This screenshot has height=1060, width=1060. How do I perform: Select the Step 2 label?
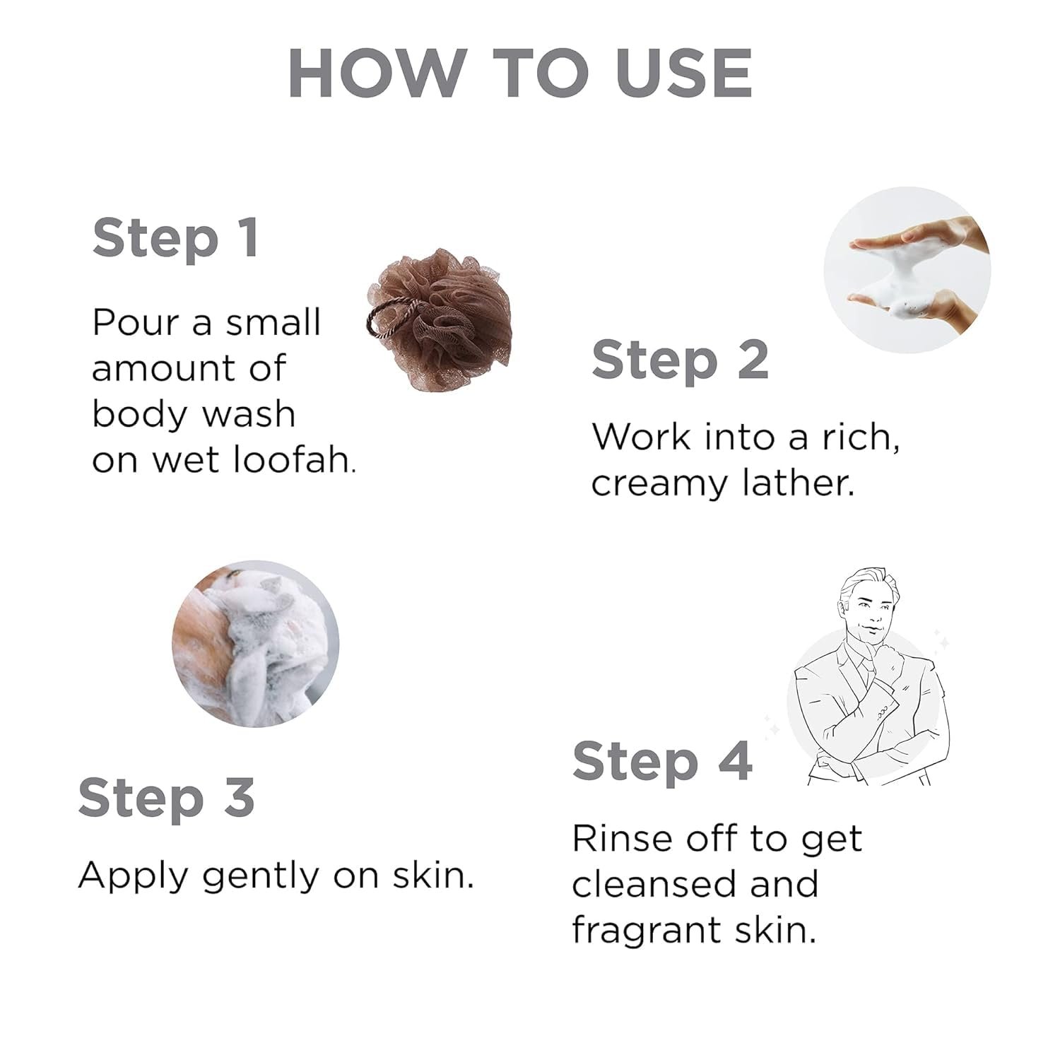point(680,361)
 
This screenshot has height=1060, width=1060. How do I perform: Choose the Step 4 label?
point(663,763)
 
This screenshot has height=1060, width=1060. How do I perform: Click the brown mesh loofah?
point(433,319)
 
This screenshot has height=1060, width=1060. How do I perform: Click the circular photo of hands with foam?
point(907,269)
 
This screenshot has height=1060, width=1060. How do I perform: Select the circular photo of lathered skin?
point(256,644)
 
